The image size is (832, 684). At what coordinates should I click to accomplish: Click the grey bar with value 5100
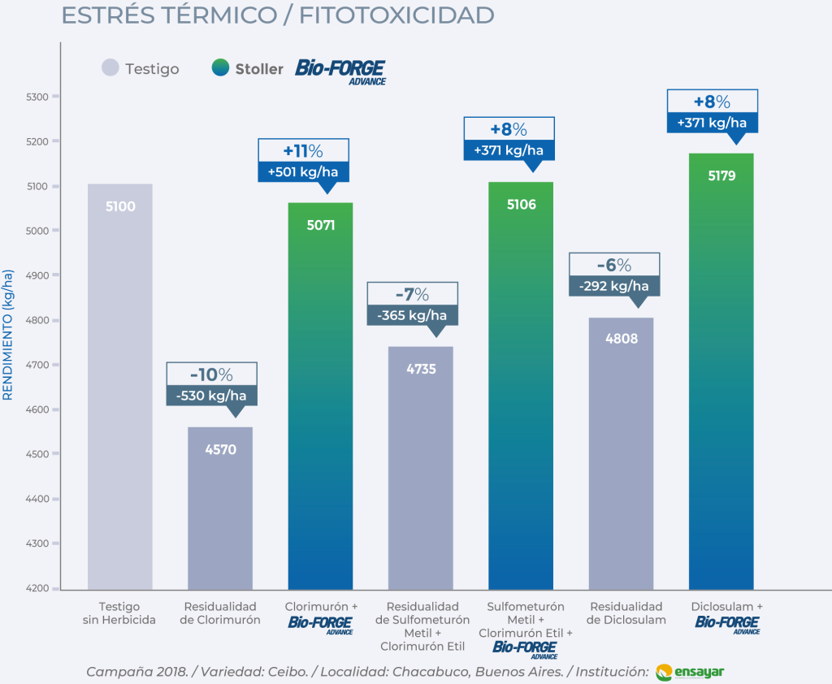tap(119, 386)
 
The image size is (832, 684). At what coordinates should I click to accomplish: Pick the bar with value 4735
tap(421, 467)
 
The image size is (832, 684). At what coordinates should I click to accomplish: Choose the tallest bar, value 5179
tap(721, 370)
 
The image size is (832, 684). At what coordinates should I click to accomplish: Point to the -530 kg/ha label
tap(211, 396)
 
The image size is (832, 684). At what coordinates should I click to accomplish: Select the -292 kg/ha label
tap(613, 286)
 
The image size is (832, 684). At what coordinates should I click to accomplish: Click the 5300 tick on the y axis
tap(37, 97)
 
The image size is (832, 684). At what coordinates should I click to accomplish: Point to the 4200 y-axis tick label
tap(37, 588)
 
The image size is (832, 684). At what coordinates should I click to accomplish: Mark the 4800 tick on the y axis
tap(37, 320)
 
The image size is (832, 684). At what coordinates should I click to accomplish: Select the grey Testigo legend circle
tap(110, 68)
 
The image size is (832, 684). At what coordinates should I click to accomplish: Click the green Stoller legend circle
tap(220, 68)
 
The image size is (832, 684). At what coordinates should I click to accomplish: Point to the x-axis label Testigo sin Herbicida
tap(119, 613)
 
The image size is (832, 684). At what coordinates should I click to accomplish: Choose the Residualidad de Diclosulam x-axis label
tap(626, 613)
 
